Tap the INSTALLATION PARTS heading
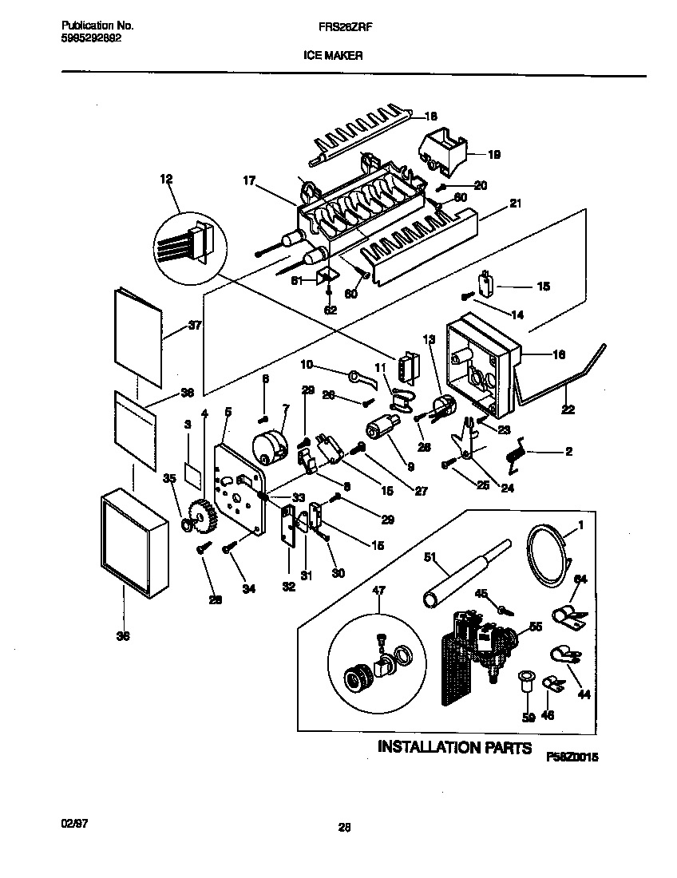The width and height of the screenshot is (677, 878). click(x=454, y=748)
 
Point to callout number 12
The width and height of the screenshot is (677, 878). click(x=165, y=180)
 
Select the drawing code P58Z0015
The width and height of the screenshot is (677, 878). click(x=572, y=755)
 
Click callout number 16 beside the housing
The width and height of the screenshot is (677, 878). click(x=556, y=354)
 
